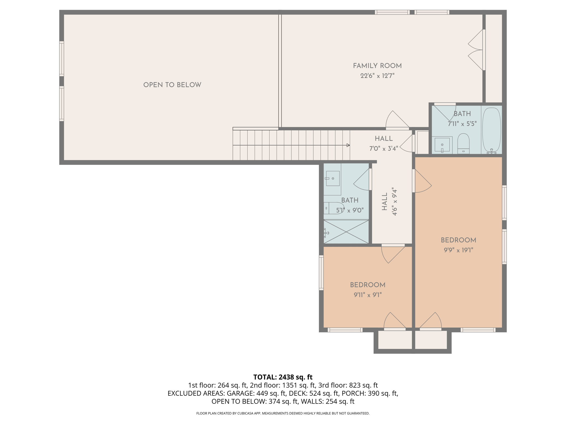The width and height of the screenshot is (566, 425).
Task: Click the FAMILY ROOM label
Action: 377,66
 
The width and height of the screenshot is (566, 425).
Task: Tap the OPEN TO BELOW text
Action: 172,85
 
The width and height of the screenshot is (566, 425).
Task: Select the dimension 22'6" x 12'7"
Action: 377,76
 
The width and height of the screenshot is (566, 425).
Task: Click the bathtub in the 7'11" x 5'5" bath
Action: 491,129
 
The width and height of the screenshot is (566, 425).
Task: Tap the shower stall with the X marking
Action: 346,232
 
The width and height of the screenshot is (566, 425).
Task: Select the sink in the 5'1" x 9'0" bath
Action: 332,178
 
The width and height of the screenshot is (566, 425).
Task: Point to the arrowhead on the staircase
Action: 348,145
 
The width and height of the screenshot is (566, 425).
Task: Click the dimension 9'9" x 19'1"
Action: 458,250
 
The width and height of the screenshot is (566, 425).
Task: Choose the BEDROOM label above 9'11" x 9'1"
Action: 368,285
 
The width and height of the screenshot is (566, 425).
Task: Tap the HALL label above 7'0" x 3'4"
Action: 384,139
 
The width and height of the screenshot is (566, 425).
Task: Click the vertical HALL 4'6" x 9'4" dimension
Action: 394,201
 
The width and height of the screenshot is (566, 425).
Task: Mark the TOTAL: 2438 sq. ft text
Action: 283,377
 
